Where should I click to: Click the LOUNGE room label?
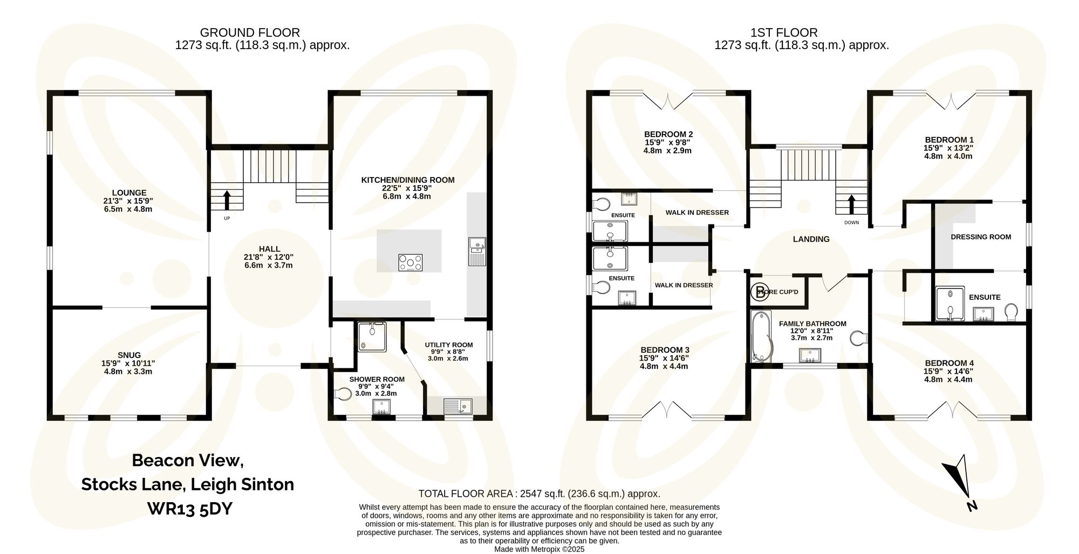pyautogui.click(x=129, y=193)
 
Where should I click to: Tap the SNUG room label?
pyautogui.click(x=129, y=355)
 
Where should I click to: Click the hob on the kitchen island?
pyautogui.click(x=411, y=263)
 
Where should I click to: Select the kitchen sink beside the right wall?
pyautogui.click(x=477, y=251)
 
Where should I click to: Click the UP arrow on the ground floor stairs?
pyautogui.click(x=227, y=199)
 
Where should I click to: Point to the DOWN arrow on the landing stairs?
pyautogui.click(x=852, y=204)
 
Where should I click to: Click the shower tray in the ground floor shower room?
pyautogui.click(x=372, y=337)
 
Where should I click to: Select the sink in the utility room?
pyautogui.click(x=457, y=406)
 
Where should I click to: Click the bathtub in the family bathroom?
pyautogui.click(x=761, y=337)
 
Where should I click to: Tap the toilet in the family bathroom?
pyautogui.click(x=858, y=339)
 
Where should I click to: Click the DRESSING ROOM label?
pyautogui.click(x=981, y=237)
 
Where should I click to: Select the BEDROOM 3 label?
pyautogui.click(x=665, y=350)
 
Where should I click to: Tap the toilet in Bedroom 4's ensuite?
pyautogui.click(x=1011, y=312)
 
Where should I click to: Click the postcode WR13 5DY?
pyautogui.click(x=189, y=509)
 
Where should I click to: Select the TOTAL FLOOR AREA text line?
pyautogui.click(x=539, y=494)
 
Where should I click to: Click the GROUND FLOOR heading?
pyautogui.click(x=250, y=32)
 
